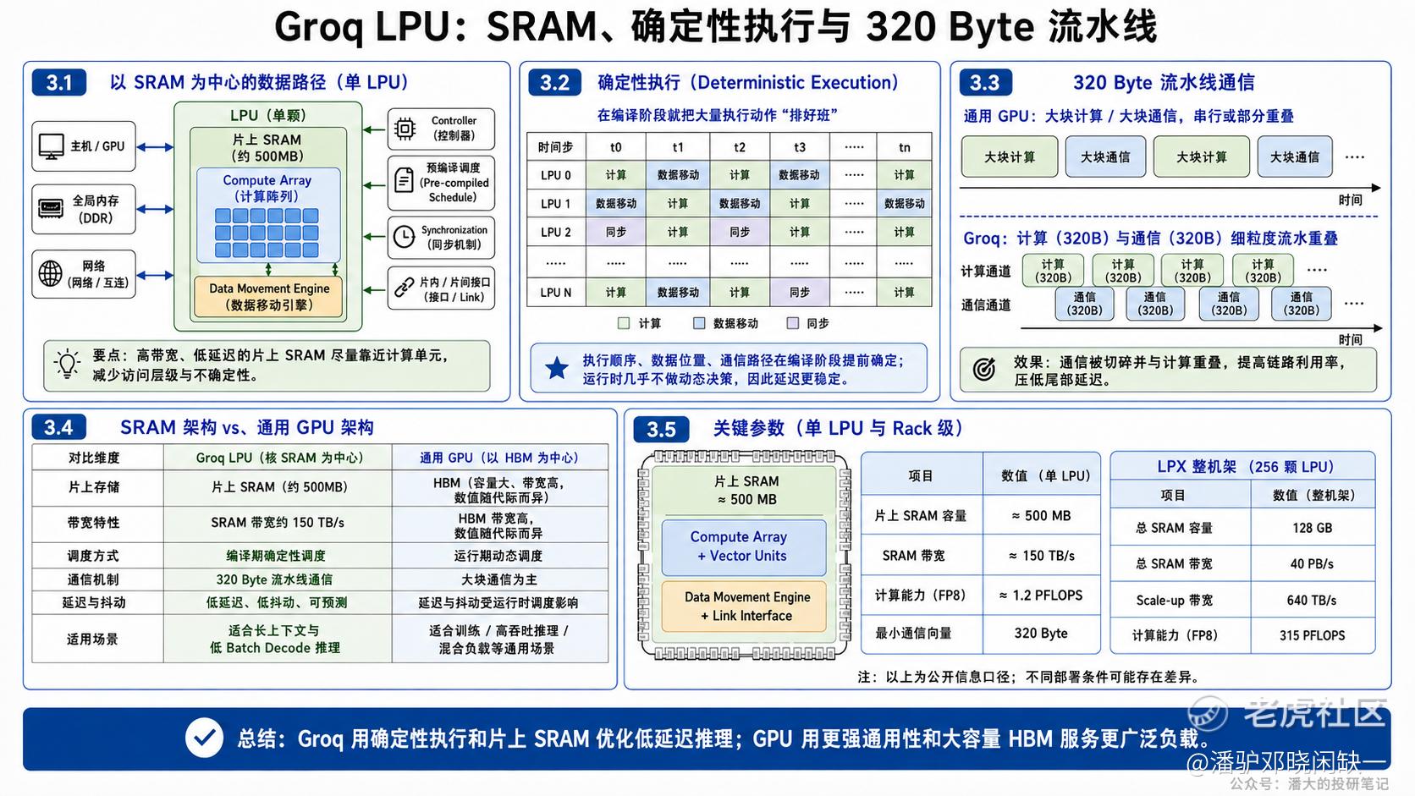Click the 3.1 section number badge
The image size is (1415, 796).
58,83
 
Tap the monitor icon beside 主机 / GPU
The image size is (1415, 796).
51,146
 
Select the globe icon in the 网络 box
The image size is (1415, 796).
51,274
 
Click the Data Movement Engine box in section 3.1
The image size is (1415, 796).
268,297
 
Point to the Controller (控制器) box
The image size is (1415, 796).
441,129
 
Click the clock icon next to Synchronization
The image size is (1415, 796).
404,238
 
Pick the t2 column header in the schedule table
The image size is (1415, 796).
739,148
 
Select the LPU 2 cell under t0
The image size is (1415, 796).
616,233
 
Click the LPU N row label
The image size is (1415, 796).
556,293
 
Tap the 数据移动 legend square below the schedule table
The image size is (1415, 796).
699,323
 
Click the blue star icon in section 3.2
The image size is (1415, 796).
557,368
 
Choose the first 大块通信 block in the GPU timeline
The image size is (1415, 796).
1105,156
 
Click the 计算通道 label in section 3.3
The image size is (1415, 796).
985,272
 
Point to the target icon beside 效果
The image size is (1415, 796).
984,369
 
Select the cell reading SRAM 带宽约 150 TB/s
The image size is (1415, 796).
278,524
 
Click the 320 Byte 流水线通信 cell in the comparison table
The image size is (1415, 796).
274,579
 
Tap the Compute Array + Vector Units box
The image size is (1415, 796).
744,546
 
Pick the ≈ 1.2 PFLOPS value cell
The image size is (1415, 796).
1041,596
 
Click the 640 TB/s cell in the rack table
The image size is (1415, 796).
1312,600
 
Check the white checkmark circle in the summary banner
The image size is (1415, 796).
204,738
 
